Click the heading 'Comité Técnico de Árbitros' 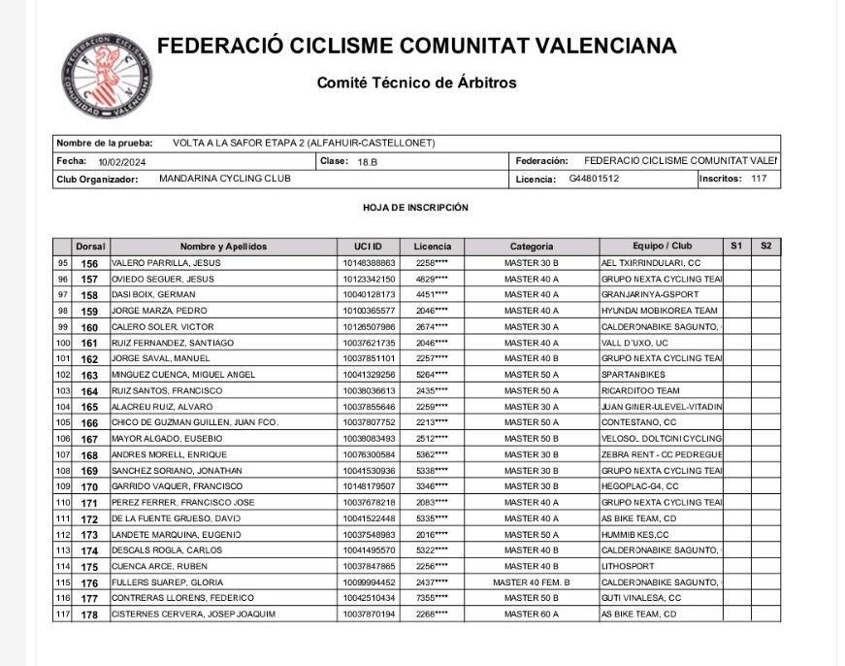coord(416,83)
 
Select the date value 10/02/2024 coord(119,161)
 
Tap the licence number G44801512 coord(594,179)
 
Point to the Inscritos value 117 coord(759,179)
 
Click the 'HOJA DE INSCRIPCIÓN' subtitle coord(415,208)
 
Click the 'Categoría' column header coord(532,247)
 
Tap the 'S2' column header coord(765,247)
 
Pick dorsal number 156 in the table coord(89,263)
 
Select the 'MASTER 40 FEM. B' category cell coord(532,583)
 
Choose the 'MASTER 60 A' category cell coord(532,615)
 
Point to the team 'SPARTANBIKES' coord(632,375)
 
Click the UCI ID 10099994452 coord(369,583)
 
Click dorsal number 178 coord(89,615)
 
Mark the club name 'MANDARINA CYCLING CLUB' coord(224,179)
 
